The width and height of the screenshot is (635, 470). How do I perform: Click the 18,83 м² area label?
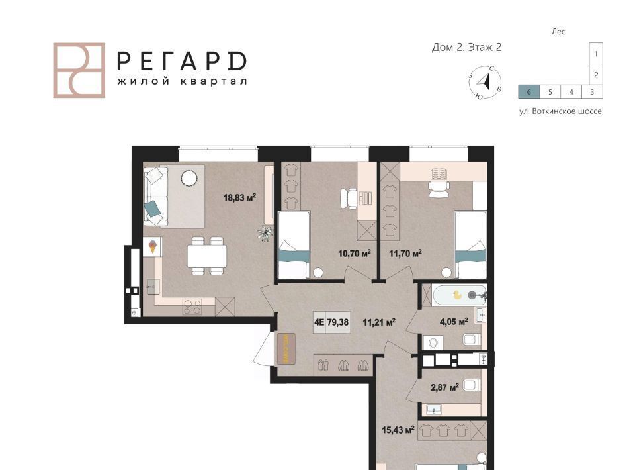click(239, 197)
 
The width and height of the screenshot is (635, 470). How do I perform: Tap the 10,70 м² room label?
click(355, 254)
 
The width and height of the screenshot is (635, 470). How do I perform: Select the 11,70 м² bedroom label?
click(405, 254)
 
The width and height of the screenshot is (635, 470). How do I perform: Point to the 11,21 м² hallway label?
click(379, 322)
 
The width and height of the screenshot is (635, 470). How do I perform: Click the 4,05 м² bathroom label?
click(454, 322)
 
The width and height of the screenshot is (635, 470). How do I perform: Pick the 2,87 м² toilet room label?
click(444, 387)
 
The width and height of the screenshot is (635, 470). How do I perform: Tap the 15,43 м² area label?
click(398, 430)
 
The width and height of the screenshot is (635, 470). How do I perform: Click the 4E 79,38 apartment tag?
click(331, 322)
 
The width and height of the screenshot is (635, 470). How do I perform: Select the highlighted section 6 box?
click(529, 92)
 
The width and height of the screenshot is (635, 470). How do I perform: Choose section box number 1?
click(596, 54)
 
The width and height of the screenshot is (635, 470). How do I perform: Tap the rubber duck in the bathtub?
click(457, 295)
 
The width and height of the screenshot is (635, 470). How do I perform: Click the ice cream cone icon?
click(153, 246)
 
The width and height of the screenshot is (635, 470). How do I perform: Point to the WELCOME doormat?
click(286, 348)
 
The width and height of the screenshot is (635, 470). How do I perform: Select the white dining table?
click(206, 256)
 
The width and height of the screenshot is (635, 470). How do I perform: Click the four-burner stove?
click(192, 306)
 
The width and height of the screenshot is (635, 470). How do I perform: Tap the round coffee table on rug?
click(189, 178)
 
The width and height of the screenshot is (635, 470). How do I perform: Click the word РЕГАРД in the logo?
click(181, 61)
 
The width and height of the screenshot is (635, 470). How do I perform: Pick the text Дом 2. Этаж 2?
click(466, 48)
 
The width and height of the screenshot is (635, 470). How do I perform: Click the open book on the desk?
click(439, 174)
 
